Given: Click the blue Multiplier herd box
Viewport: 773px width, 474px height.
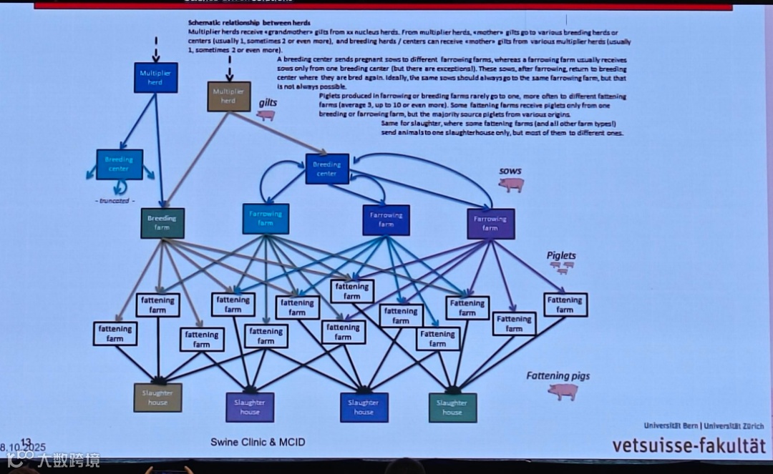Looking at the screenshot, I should click(x=155, y=77).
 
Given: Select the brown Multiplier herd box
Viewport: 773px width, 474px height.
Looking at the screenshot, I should click(x=229, y=96).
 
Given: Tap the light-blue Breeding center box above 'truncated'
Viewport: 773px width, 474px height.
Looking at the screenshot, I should click(x=119, y=164).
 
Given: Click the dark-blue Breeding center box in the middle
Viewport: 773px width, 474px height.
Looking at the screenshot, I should click(x=327, y=169).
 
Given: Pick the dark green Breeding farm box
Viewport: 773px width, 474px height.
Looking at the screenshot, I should click(x=162, y=223).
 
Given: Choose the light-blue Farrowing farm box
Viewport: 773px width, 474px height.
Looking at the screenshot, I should click(x=266, y=218).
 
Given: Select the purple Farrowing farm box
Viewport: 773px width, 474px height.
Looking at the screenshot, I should click(x=490, y=223).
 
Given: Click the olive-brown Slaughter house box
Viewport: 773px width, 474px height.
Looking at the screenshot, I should click(x=157, y=398).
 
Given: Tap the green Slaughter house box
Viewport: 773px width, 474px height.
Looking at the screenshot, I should click(x=452, y=408).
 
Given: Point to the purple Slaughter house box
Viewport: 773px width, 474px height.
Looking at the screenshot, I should click(x=250, y=407).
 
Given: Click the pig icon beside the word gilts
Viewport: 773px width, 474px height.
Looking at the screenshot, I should click(x=266, y=114).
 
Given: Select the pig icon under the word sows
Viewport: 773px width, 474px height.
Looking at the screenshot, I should click(x=511, y=184).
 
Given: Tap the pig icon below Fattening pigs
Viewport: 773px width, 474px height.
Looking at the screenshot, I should click(x=563, y=391).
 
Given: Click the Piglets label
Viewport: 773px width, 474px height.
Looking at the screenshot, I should click(x=561, y=255).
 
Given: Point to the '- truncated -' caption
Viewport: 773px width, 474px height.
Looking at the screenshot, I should click(x=115, y=201).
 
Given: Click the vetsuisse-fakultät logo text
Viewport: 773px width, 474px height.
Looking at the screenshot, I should click(x=688, y=445).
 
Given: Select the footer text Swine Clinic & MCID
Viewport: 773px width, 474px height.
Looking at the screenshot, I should click(x=258, y=442).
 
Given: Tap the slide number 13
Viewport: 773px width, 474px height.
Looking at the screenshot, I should click(x=26, y=442).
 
